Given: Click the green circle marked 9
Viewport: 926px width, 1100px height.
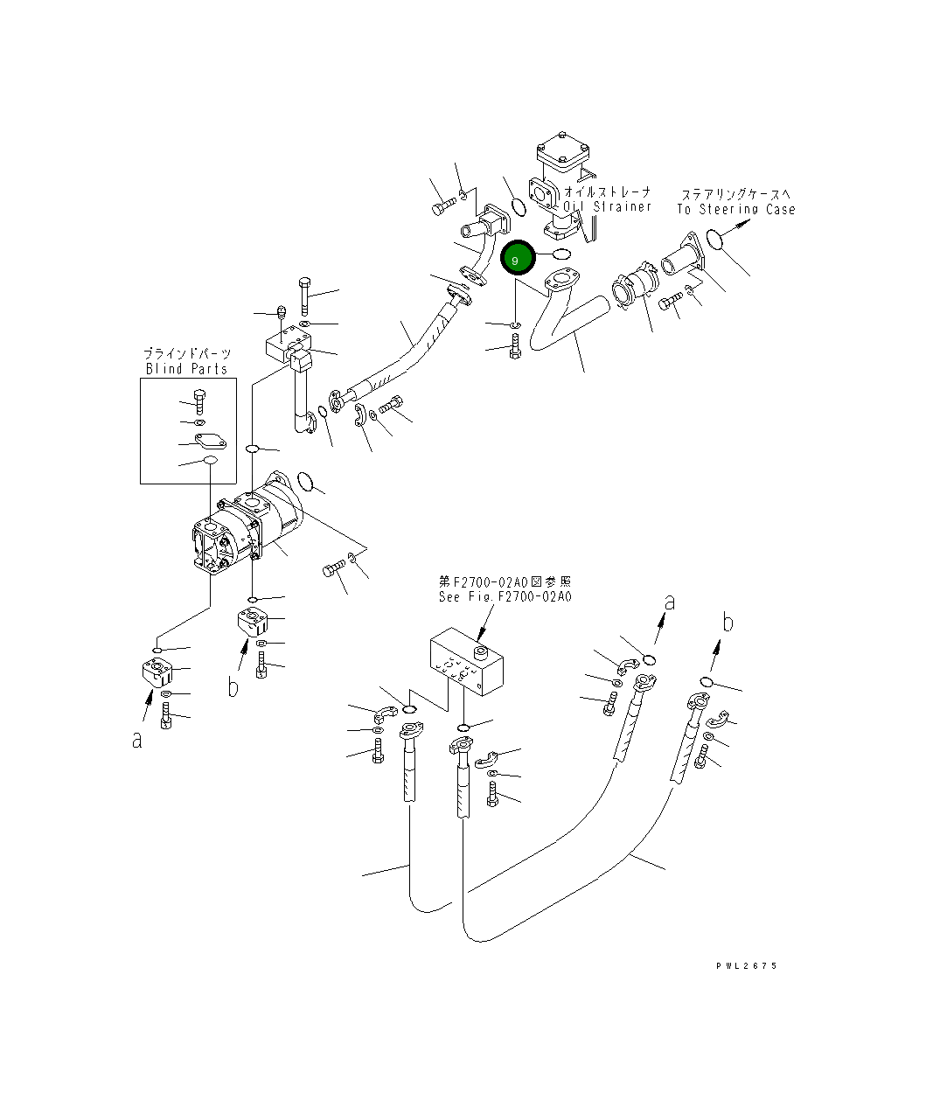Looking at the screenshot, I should (x=515, y=260).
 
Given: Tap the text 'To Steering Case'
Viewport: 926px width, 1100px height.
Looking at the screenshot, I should (x=735, y=209).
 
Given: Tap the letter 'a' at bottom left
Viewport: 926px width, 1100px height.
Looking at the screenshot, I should (x=136, y=740).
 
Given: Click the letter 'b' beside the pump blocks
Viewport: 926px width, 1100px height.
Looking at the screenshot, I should (x=233, y=687).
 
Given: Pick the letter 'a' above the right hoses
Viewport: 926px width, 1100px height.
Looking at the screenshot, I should (x=670, y=602).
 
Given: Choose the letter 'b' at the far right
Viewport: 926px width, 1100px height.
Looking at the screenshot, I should (x=727, y=623).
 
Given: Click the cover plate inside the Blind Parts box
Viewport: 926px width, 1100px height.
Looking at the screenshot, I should (x=210, y=442).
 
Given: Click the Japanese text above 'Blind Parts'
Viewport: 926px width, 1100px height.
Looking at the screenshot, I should (x=187, y=353).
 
